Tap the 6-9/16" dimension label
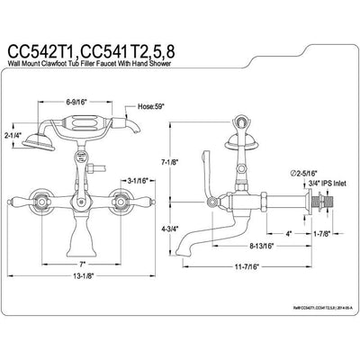coord(81,103)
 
